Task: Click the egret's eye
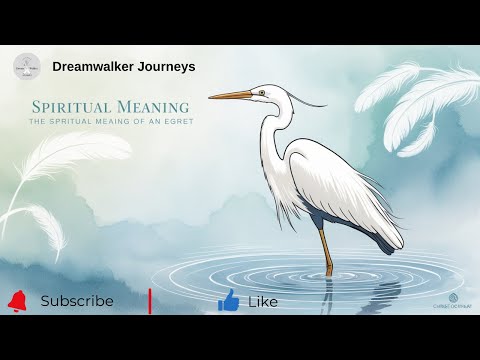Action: pos(261,93)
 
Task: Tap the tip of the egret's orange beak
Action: pos(211,97)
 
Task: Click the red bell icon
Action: pos(17,300)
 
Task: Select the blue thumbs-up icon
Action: pos(228,300)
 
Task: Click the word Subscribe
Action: pos(77,301)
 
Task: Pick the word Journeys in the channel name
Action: pos(169,67)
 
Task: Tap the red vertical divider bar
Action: pos(150,300)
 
